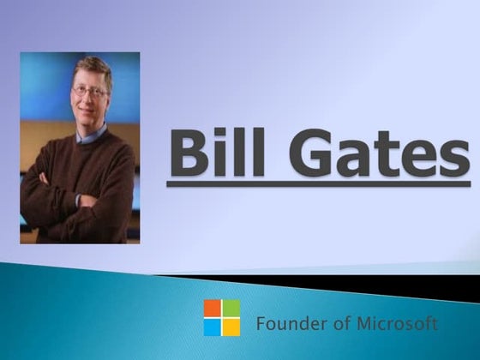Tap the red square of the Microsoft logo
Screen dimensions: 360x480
(213, 308)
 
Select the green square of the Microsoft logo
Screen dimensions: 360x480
(231, 308)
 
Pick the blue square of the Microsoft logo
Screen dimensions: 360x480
(213, 327)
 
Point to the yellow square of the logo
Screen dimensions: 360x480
(231, 327)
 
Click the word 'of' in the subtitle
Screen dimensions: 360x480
(332, 324)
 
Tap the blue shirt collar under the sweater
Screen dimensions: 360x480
(91, 135)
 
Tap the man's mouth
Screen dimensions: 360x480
(90, 112)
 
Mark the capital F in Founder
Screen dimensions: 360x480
(261, 324)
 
